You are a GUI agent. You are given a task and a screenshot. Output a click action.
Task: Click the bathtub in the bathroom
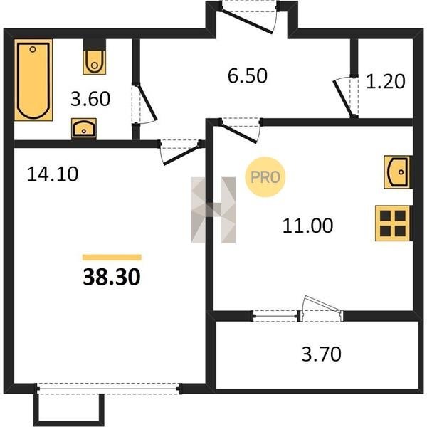point(33,80)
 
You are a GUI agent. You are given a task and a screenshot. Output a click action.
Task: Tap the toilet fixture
point(94,62)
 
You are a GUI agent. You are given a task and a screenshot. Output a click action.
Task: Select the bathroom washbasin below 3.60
point(84,128)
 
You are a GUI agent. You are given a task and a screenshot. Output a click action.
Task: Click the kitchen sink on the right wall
point(398,172)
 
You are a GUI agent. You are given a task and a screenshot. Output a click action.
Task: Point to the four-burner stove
point(393,223)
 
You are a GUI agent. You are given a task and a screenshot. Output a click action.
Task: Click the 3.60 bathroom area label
point(90,99)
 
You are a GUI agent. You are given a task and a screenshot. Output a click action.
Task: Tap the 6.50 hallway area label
point(248,76)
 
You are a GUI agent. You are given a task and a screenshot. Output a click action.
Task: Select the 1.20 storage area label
point(385,82)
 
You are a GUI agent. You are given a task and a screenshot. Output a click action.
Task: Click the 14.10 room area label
point(53,174)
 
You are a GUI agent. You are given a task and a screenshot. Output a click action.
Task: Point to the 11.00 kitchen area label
point(307,226)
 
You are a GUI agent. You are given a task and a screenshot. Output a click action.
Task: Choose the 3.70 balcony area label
point(322,354)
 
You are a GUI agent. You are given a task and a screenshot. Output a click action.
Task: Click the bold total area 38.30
point(112,277)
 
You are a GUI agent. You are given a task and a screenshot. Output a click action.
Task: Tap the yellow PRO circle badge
point(265,177)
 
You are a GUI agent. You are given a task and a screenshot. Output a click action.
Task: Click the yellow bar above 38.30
point(112,258)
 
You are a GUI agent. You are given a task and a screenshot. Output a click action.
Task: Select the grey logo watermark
point(213,210)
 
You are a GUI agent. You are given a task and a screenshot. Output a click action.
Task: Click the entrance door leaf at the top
point(247,22)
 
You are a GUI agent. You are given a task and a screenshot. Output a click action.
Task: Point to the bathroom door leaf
point(147,102)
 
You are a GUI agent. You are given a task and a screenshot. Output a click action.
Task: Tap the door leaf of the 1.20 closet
point(342,99)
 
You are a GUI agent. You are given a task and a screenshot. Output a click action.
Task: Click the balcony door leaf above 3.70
point(322,305)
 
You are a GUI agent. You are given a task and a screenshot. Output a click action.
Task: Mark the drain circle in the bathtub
point(33,50)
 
